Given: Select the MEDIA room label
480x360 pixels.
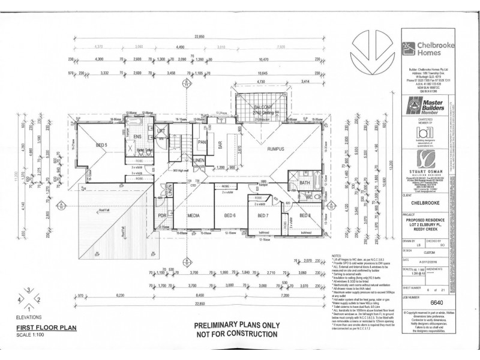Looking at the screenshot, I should (x=193, y=215).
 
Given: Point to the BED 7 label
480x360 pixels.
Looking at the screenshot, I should (x=262, y=215).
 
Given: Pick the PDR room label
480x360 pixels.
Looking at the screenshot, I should (x=162, y=215).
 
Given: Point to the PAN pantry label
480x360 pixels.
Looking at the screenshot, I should (x=203, y=142).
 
